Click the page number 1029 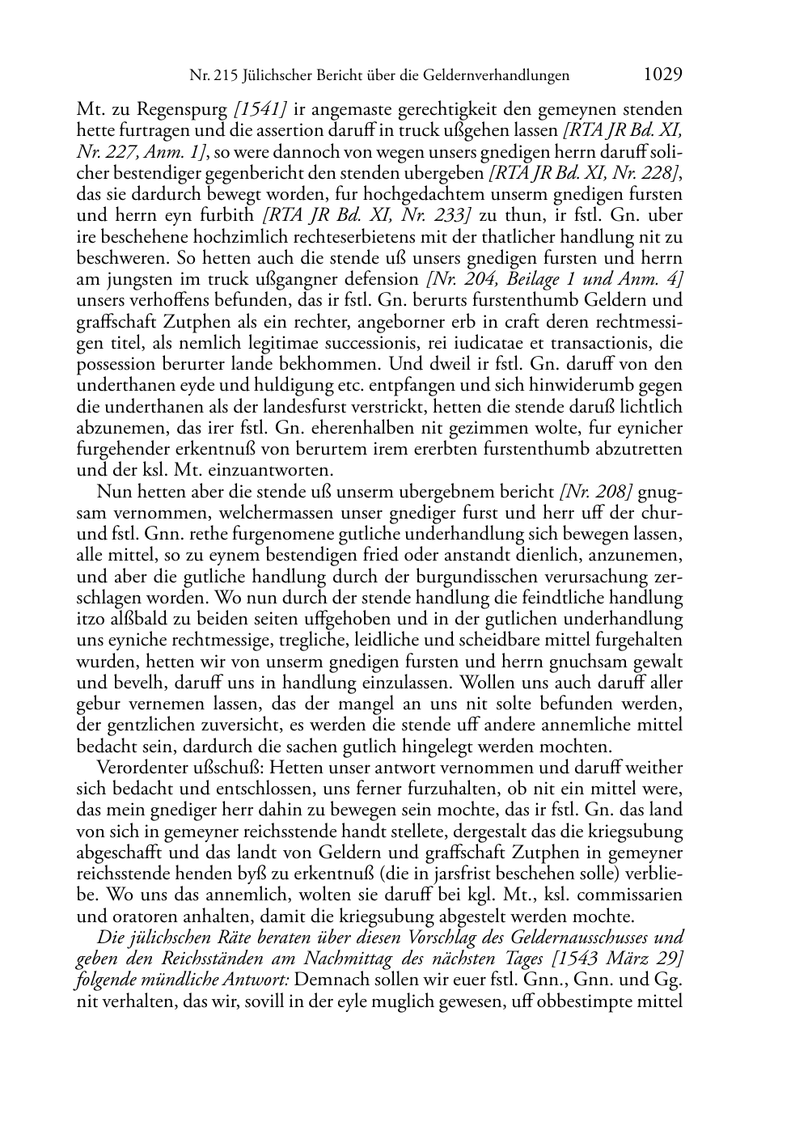(663, 74)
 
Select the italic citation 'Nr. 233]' (440, 216)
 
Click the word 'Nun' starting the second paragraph (112, 493)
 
